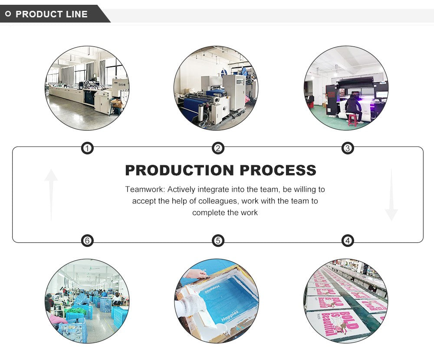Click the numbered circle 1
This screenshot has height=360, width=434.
pos(88,149)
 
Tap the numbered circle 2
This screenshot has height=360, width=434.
pos(218,149)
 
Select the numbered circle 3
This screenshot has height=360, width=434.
pos(347,149)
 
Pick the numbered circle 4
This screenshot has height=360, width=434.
pos(347,241)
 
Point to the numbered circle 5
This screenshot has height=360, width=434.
pos(218,241)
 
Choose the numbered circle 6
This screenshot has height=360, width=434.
pos(88,241)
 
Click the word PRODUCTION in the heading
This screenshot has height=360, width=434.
pos(180,170)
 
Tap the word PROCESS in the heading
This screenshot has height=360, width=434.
pos(278,170)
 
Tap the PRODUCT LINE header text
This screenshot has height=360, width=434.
pos(52,14)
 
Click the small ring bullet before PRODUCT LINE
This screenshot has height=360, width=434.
pos(8,14)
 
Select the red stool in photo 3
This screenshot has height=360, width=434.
pos(352,120)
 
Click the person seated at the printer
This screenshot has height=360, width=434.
pos(353,106)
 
